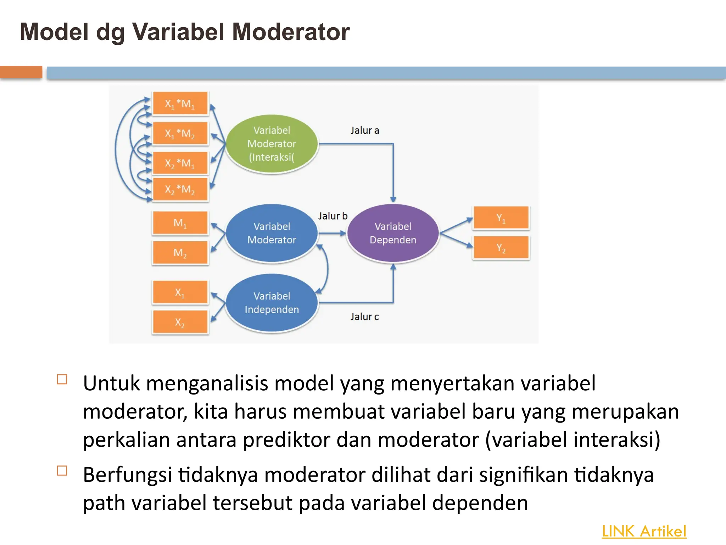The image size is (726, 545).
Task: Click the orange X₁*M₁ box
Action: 180,104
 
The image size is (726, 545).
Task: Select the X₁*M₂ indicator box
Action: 180,133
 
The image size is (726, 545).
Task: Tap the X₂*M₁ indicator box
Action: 180,163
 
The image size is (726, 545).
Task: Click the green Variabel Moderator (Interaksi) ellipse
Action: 272,144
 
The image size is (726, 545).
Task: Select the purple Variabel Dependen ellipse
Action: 393,233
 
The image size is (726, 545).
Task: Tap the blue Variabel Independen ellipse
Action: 272,303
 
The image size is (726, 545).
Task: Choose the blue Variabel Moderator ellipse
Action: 272,233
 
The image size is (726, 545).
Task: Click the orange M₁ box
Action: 180,223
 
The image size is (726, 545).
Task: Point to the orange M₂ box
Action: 180,253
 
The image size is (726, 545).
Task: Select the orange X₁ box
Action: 180,292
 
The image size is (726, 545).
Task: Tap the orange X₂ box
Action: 180,322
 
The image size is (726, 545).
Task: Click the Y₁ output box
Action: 501,218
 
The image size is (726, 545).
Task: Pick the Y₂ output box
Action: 501,248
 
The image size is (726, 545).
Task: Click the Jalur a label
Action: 365,131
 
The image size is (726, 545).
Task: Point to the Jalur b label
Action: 333,216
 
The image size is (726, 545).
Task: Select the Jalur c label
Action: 365,317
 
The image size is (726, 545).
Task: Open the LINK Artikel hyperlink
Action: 644,532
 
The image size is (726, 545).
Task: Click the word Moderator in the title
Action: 291,32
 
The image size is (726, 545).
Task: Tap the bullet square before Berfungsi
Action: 62,470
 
